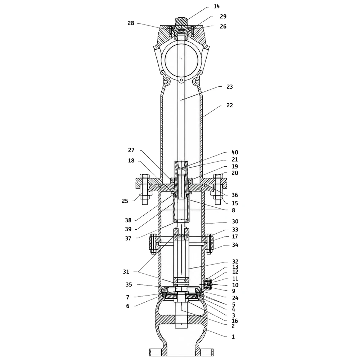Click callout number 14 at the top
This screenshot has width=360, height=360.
(216, 6)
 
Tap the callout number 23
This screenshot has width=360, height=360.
(230, 87)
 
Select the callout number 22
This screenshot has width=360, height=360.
(230, 105)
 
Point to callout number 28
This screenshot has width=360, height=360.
(131, 23)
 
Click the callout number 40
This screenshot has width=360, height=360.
(235, 152)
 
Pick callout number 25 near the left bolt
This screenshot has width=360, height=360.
(125, 201)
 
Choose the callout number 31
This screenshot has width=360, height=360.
(126, 272)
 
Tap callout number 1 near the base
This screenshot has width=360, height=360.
(233, 337)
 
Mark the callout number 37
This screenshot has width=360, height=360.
(128, 239)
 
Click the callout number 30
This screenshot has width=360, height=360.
(235, 221)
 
